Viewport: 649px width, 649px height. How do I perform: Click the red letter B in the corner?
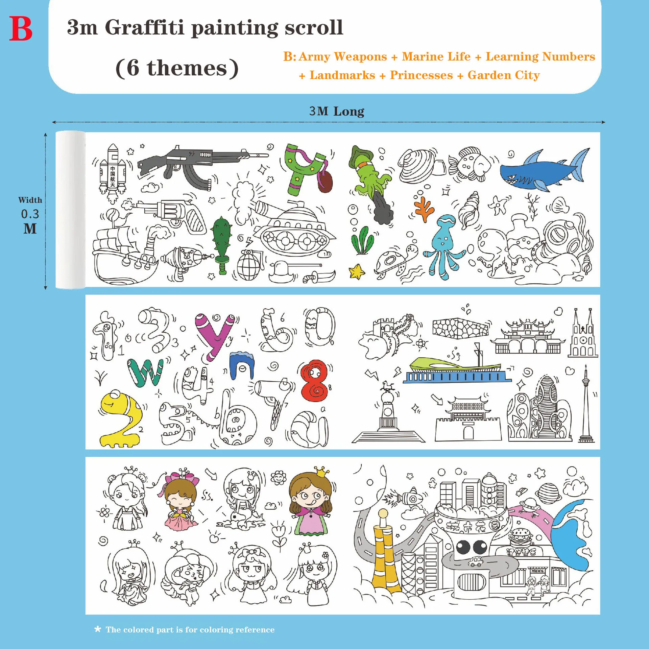(21, 29)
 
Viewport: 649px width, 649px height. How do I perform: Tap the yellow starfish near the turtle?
(356, 271)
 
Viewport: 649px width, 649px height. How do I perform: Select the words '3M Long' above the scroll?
(337, 111)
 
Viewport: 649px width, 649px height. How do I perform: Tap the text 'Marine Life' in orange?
(436, 56)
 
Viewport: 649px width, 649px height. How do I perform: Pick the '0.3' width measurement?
(30, 214)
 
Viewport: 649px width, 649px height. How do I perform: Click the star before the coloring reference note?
(98, 629)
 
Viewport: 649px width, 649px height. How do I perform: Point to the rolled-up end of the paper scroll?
(70, 210)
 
